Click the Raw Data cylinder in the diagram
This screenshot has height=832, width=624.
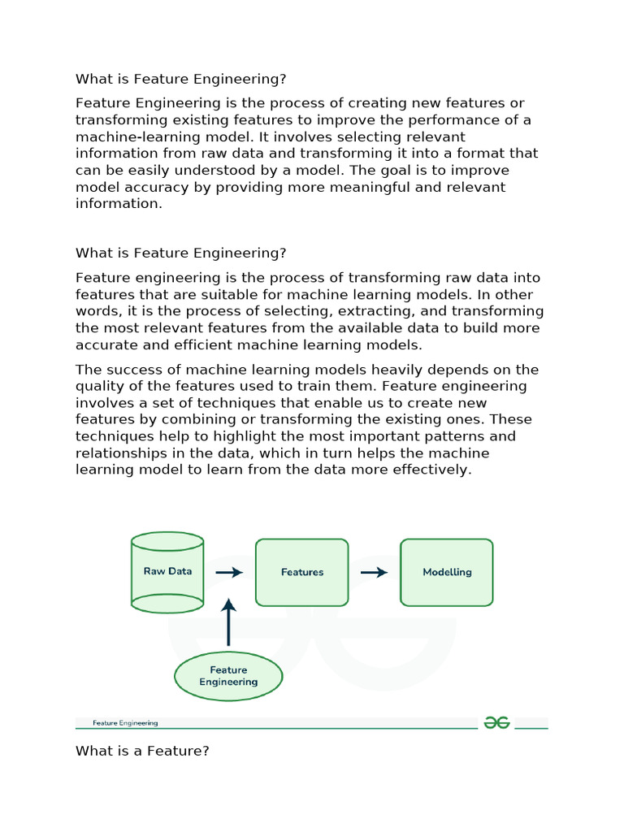[167, 572]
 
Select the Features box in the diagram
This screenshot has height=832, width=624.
[302, 572]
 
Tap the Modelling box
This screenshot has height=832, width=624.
[447, 572]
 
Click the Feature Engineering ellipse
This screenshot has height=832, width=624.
[228, 676]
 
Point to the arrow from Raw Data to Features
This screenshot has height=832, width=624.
[229, 572]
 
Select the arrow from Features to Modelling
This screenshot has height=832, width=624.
[374, 572]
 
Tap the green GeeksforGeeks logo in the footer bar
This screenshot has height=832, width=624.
[496, 722]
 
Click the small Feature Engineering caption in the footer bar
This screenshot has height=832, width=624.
[125, 722]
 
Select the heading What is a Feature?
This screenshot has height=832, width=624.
[142, 752]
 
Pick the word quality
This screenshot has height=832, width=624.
[97, 386]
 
